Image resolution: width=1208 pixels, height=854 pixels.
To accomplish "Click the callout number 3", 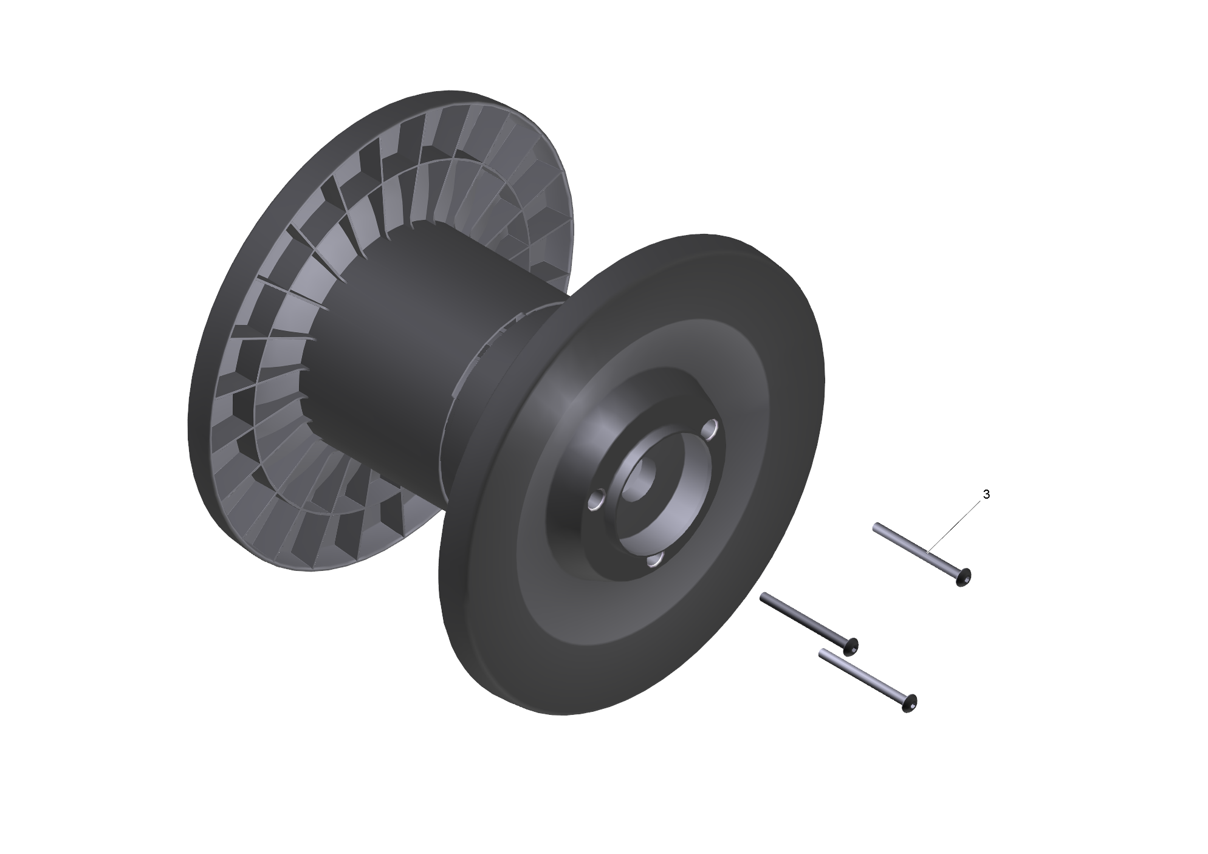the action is click(986, 495).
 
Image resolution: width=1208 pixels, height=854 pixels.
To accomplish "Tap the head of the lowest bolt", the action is click(908, 703).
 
